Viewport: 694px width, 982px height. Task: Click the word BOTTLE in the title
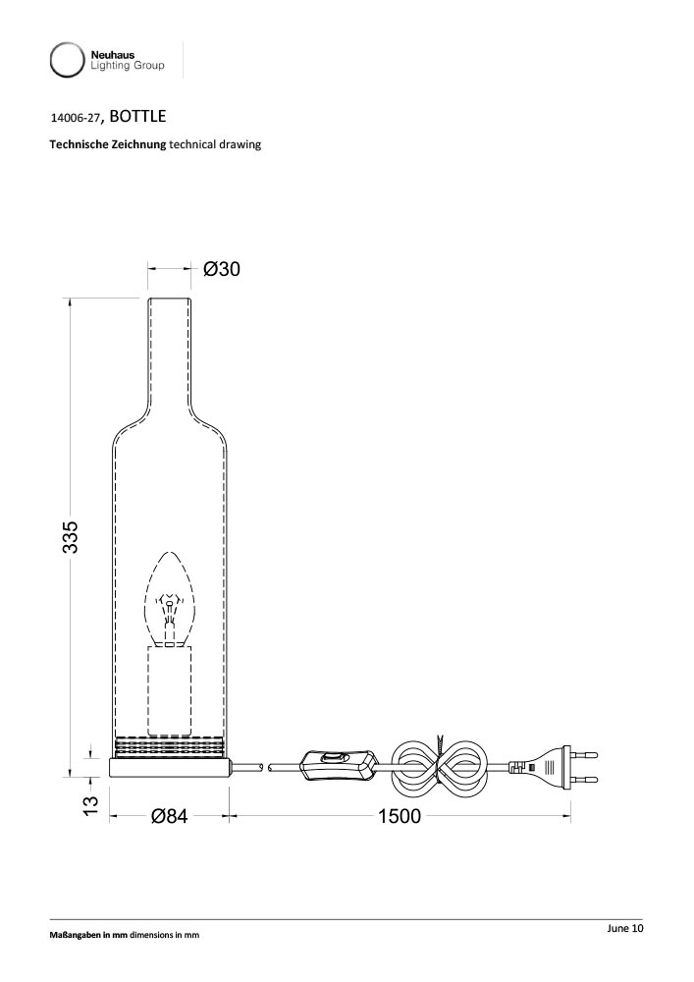coord(137,116)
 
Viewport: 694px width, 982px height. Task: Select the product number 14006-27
coord(75,117)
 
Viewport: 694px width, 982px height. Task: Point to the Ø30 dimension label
coord(222,269)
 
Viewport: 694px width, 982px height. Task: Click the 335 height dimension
coord(71,537)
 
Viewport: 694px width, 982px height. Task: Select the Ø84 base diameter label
coord(169,817)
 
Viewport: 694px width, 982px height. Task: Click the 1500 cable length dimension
coord(400,817)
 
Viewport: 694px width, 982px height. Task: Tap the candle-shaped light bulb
coord(170,598)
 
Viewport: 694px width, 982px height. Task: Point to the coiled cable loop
coord(440,766)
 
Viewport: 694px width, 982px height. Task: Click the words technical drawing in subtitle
coord(215,145)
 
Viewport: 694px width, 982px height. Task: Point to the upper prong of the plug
coord(585,755)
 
